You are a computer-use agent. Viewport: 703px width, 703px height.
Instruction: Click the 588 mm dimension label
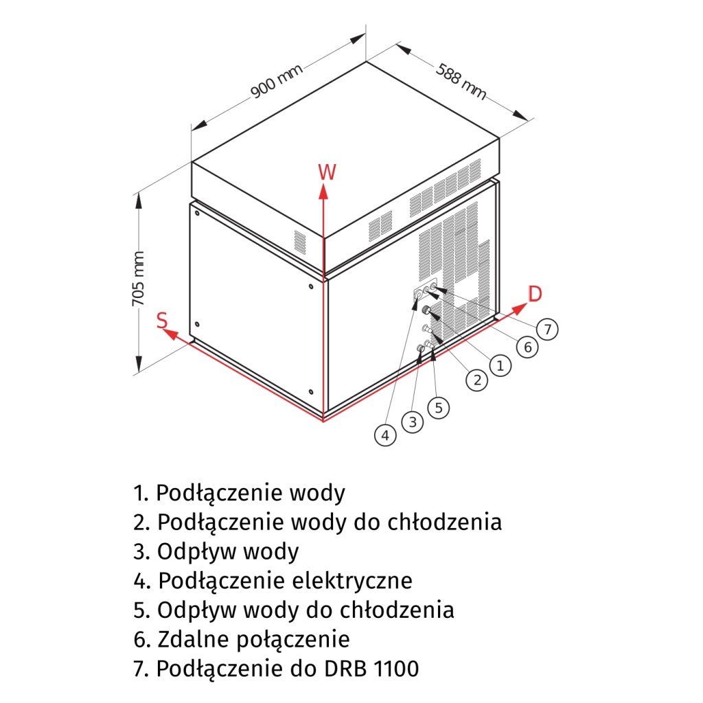(460, 82)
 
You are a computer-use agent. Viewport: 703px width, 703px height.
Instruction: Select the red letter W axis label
(327, 172)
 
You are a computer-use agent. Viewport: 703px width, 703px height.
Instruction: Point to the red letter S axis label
(162, 320)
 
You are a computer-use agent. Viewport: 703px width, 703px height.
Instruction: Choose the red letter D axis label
(535, 294)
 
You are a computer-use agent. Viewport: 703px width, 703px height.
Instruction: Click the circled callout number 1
(500, 366)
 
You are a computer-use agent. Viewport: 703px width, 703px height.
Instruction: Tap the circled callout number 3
(412, 422)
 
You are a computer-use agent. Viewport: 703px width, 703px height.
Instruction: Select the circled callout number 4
(386, 435)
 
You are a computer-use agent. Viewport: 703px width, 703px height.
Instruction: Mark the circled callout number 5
(439, 407)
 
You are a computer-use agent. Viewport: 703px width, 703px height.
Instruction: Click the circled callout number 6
(527, 347)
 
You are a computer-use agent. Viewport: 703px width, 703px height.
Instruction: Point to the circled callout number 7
(547, 330)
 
